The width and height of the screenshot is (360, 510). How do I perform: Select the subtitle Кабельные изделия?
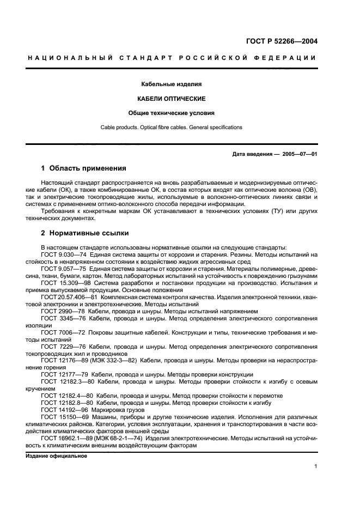tap(171, 85)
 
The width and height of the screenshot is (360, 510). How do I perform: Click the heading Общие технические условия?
tap(171, 113)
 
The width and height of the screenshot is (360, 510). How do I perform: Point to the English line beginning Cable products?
tap(171, 127)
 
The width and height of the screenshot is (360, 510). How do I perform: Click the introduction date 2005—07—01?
tap(300, 154)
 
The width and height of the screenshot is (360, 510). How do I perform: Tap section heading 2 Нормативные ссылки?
tap(85, 233)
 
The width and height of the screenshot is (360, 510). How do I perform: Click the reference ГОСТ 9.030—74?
tap(60, 254)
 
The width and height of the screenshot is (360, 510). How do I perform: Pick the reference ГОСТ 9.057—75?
tap(60, 269)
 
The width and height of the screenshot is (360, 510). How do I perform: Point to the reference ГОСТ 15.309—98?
tap(62, 283)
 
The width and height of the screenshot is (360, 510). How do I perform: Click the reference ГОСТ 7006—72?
tap(59, 331)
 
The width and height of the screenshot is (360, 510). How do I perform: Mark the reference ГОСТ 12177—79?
tap(61, 374)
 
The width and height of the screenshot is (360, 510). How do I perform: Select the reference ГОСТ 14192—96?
tap(61, 409)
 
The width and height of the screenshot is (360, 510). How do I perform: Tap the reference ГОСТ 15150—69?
tap(61, 416)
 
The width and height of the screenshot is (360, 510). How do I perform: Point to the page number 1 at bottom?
tap(316, 466)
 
